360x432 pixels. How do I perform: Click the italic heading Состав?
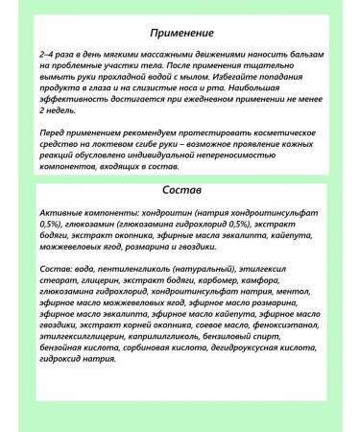point(180,190)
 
